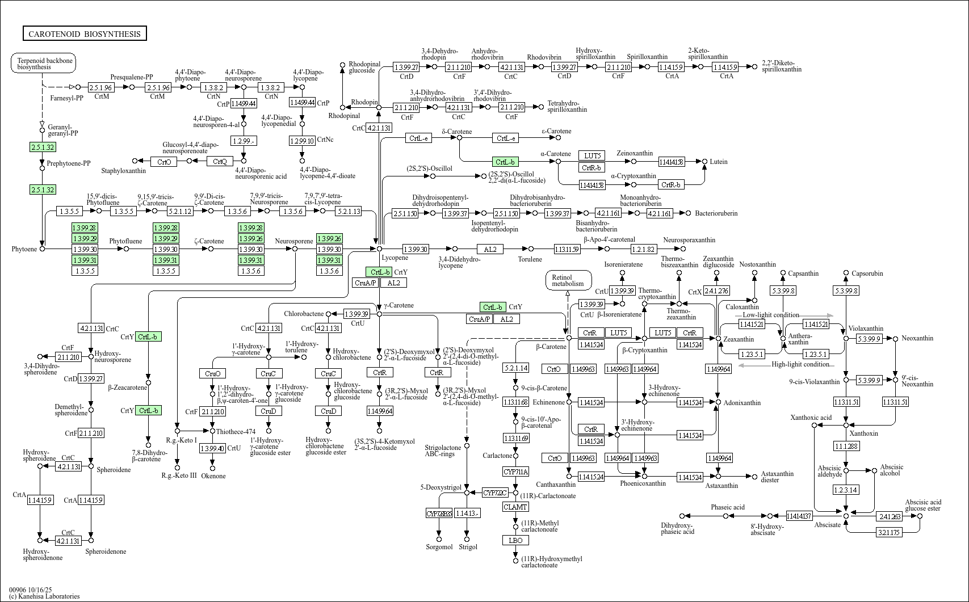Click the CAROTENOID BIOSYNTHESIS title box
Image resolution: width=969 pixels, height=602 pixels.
[85, 34]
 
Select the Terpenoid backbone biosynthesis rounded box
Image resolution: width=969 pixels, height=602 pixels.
[44, 63]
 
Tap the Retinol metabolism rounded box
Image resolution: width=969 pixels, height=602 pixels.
[568, 280]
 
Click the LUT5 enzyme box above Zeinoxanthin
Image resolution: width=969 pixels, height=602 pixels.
[592, 155]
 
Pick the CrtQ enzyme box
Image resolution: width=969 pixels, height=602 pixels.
[220, 162]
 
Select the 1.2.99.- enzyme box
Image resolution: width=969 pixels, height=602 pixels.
[244, 140]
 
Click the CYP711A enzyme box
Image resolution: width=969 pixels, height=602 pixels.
[515, 472]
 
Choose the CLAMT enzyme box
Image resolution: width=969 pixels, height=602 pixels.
[515, 507]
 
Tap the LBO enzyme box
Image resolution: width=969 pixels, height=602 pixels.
[515, 540]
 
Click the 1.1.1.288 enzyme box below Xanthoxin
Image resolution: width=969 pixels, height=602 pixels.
[846, 447]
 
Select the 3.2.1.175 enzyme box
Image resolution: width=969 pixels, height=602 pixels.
[889, 532]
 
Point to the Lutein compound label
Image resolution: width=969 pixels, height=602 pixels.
[718, 162]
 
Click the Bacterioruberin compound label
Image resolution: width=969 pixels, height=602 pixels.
[716, 213]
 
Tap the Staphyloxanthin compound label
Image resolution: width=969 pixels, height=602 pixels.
[123, 171]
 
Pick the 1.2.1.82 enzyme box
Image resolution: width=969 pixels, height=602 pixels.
[643, 249]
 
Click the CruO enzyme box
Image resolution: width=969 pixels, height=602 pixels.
[213, 373]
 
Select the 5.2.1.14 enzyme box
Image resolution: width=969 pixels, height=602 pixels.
[515, 368]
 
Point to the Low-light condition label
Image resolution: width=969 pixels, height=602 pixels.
[770, 315]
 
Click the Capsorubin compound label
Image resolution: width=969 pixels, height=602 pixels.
[867, 273]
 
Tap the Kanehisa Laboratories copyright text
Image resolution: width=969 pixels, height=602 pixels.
[44, 596]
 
